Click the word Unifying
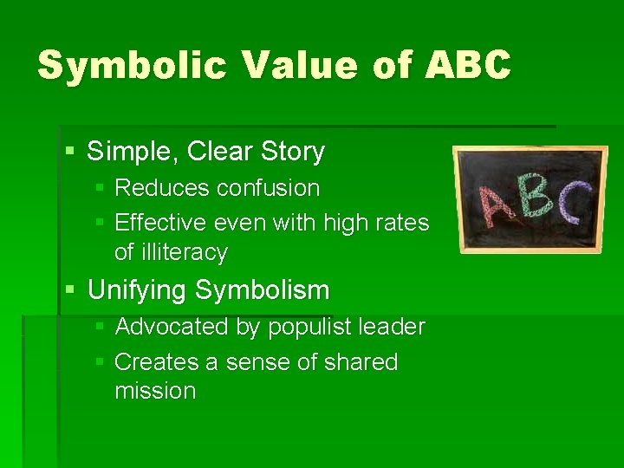click(x=138, y=289)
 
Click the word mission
click(x=155, y=391)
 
